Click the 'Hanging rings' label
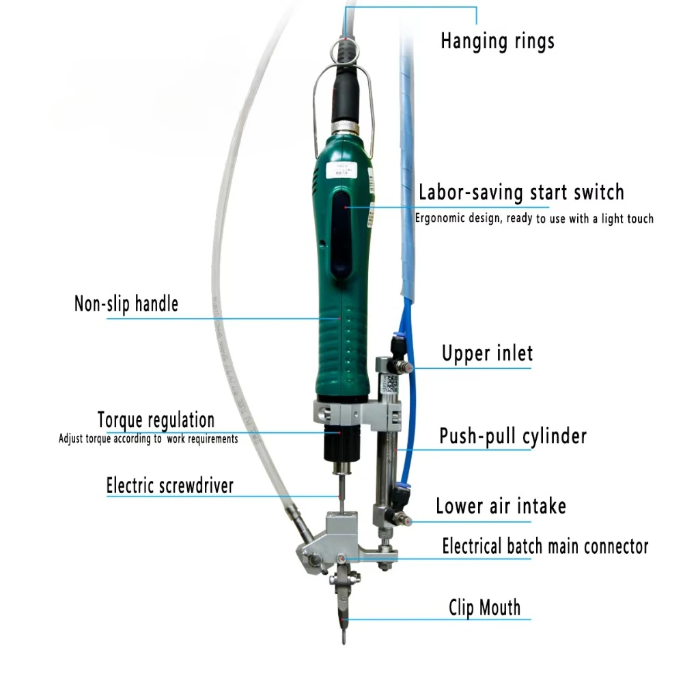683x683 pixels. [x=497, y=42]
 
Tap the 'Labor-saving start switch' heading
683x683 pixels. [x=521, y=193]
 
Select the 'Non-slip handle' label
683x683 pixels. [x=126, y=304]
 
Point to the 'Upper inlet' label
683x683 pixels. [x=488, y=353]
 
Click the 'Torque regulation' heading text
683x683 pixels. [x=156, y=420]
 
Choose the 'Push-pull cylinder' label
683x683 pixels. [x=513, y=436]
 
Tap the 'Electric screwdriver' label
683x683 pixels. [x=170, y=486]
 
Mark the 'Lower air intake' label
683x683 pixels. [x=501, y=506]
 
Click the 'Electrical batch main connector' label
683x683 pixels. [x=545, y=546]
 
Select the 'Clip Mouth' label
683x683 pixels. [x=485, y=607]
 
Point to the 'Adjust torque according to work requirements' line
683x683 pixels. [x=148, y=438]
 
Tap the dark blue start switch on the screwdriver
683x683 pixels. [x=341, y=234]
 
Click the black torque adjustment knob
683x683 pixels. [x=341, y=444]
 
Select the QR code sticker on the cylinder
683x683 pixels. [x=391, y=383]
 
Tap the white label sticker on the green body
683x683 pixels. [x=341, y=170]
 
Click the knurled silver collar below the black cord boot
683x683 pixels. [x=346, y=128]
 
